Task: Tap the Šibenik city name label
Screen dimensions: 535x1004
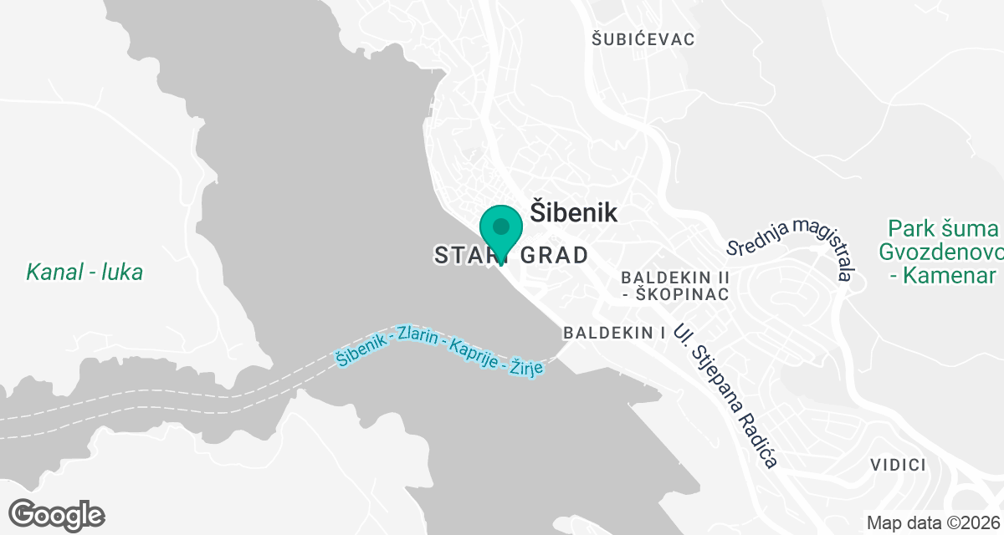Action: [x=574, y=212]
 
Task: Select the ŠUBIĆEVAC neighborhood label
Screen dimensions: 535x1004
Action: [x=643, y=39]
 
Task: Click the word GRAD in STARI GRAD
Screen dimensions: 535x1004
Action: [x=555, y=255]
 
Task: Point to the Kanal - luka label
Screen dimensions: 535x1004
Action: [x=85, y=272]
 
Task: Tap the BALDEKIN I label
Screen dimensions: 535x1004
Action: [x=614, y=333]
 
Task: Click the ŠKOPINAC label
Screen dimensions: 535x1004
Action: [x=682, y=294]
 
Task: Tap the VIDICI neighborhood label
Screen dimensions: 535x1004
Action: [x=897, y=465]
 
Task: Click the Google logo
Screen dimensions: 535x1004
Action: [x=57, y=514]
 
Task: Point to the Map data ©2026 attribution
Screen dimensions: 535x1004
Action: [x=932, y=523]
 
